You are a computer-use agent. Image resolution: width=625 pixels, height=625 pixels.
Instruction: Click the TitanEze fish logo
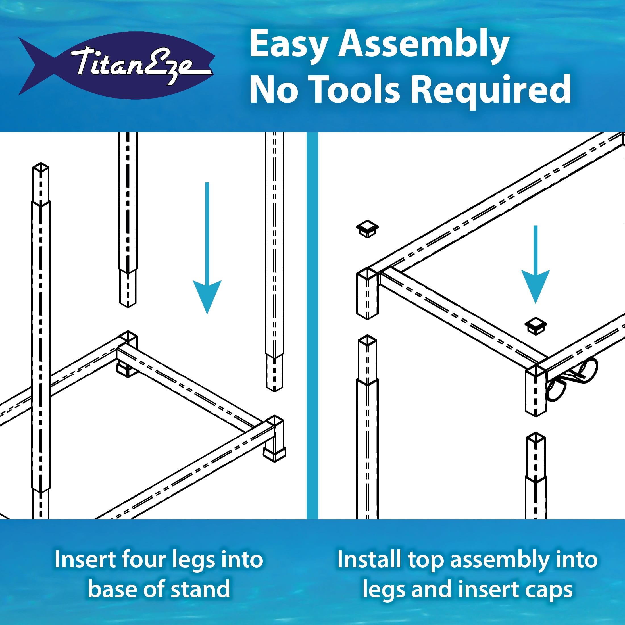click(x=116, y=65)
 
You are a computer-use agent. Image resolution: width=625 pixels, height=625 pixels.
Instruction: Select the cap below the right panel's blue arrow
click(x=536, y=326)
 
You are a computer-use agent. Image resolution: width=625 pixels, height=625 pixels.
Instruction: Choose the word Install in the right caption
click(x=369, y=559)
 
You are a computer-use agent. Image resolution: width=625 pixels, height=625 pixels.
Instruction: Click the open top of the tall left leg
click(x=41, y=167)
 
